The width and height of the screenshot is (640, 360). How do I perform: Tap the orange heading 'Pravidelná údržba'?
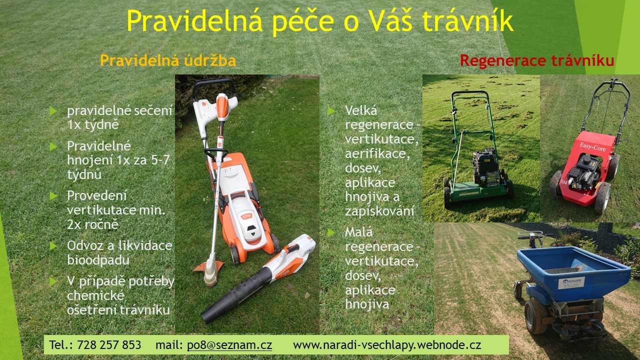tap(168, 60)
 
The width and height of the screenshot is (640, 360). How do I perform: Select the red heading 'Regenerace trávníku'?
tap(537, 60)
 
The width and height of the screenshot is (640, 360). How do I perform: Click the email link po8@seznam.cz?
tap(229, 345)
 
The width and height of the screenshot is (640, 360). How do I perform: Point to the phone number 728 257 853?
tap(109, 345)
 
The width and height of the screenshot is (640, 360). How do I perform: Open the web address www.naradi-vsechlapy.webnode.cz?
tap(387, 345)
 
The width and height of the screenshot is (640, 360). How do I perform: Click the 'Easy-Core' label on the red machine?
tap(592, 146)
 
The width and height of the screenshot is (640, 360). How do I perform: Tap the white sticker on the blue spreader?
tap(571, 282)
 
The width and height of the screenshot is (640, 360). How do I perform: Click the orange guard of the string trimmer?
tap(208, 266)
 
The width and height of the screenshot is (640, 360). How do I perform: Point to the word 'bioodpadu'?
tap(98, 260)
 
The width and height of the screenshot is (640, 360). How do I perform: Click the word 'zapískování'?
tap(379, 211)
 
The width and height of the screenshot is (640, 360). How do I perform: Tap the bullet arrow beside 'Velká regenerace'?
tap(331, 111)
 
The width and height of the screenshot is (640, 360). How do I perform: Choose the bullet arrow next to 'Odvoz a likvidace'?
tap(53, 245)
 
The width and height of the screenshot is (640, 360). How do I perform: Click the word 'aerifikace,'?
tap(377, 153)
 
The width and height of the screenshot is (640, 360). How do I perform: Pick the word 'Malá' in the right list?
tap(359, 232)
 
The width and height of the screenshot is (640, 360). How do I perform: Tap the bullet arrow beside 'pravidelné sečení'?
tap(53, 111)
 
